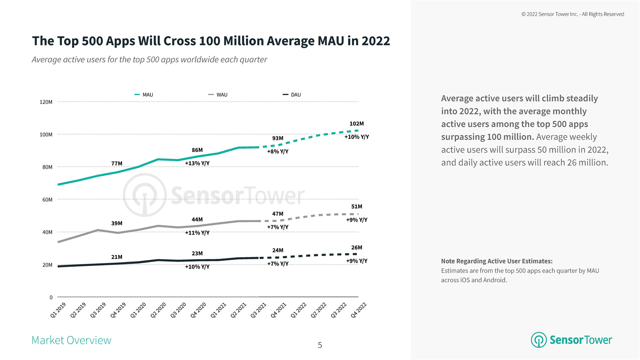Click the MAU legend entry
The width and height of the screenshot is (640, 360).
[x=144, y=95]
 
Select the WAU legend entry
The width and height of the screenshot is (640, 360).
[x=218, y=95]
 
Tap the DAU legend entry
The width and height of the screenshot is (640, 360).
[x=292, y=95]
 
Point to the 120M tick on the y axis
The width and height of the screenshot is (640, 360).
[x=46, y=102]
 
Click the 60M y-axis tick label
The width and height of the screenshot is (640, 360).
[x=47, y=200]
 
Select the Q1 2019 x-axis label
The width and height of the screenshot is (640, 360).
[x=58, y=310]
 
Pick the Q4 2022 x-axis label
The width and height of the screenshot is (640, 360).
[x=359, y=310]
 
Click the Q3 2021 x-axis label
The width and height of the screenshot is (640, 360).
[x=259, y=310]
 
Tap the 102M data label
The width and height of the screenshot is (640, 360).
[x=356, y=124]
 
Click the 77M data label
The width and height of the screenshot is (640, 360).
[x=117, y=163]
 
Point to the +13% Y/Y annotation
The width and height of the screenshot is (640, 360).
[x=197, y=163]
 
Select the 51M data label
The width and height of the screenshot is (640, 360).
[x=356, y=206]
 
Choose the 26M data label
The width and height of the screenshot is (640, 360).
[x=356, y=248]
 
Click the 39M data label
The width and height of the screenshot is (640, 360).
[x=117, y=223]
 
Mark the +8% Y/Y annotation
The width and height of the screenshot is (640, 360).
[x=278, y=152]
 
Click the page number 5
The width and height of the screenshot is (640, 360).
[x=320, y=345]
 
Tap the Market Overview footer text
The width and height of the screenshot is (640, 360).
[x=71, y=340]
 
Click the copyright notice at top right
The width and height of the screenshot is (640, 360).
[x=572, y=14]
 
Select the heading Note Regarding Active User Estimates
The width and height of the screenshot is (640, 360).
[x=497, y=261]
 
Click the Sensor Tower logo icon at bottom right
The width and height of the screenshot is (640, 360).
[x=538, y=340]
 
